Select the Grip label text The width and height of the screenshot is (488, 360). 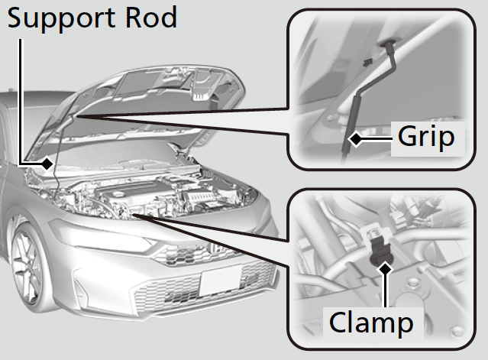(426, 138)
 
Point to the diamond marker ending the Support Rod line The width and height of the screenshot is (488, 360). (48, 163)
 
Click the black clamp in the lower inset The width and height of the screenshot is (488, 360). (379, 248)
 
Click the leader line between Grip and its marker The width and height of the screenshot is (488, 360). (376, 138)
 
